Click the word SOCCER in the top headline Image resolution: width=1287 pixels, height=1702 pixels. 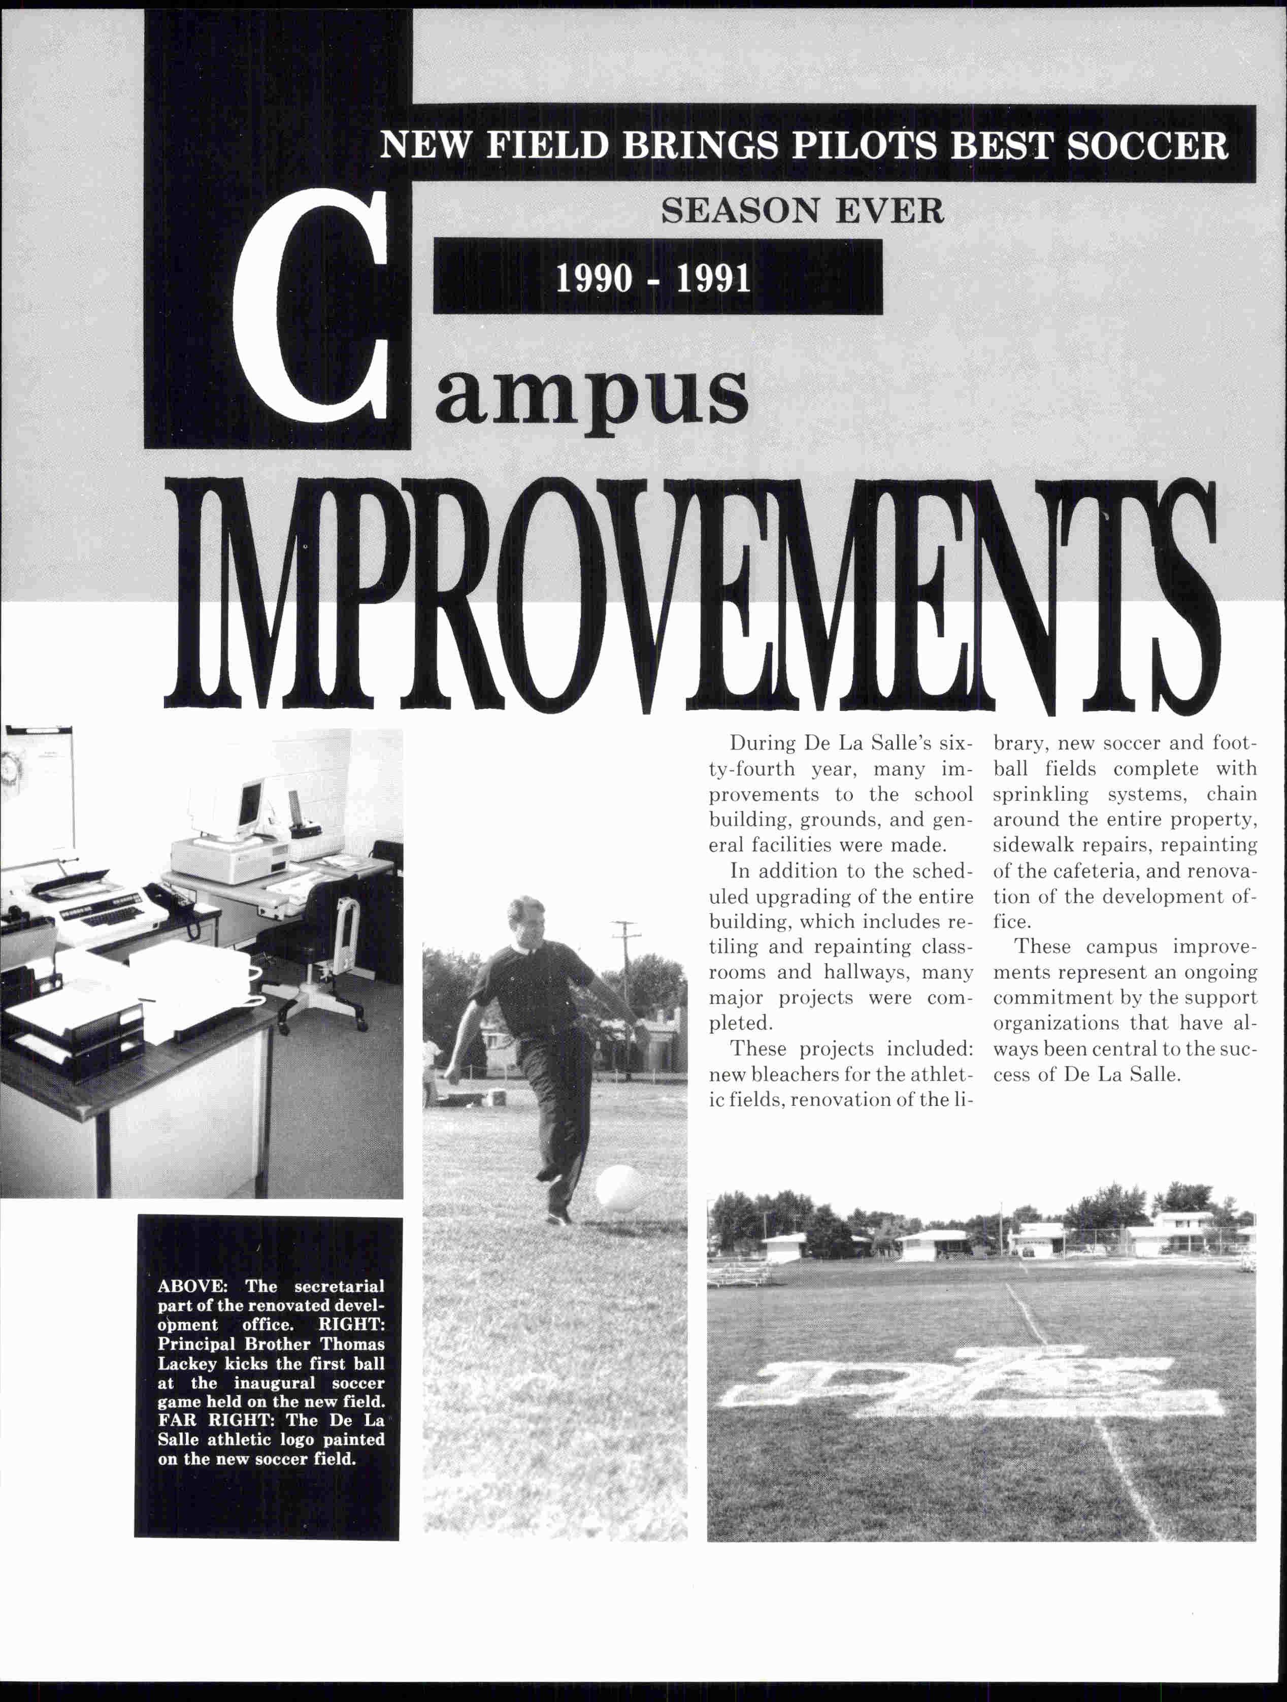pyautogui.click(x=1147, y=145)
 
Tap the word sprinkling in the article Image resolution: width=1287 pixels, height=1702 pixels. pyautogui.click(x=1040, y=794)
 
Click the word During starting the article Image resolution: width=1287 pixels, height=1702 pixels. pyautogui.click(x=763, y=743)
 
